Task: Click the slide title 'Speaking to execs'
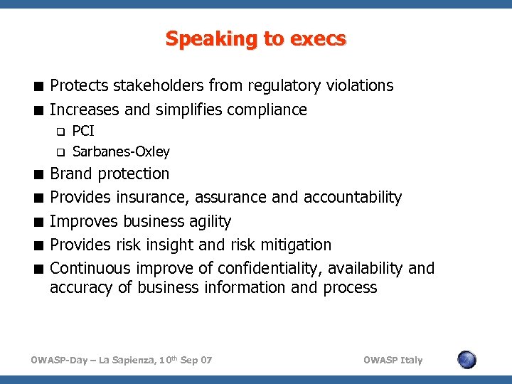[x=256, y=38]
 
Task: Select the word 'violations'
[x=359, y=86]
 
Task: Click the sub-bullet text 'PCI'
[x=83, y=132]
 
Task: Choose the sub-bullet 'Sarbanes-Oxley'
[x=121, y=151]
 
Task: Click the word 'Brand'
[x=71, y=174]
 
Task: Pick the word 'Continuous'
[x=90, y=269]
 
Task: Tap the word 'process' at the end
[x=350, y=288]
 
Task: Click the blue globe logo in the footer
[x=466, y=360]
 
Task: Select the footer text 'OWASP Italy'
[x=392, y=361]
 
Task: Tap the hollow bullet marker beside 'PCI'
[x=60, y=132]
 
